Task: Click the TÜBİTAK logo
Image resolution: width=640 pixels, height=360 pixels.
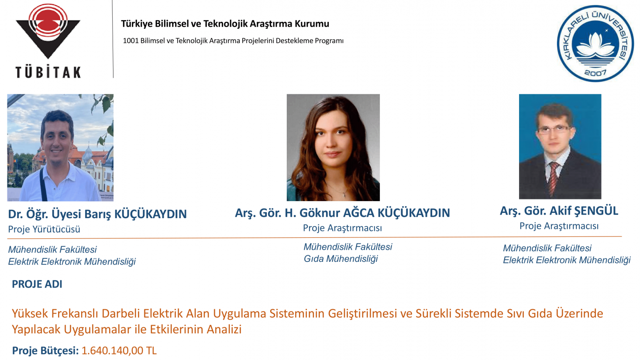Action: tap(48, 41)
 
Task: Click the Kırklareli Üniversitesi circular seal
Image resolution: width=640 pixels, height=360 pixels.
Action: tap(595, 44)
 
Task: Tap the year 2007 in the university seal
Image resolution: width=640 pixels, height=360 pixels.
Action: tap(595, 73)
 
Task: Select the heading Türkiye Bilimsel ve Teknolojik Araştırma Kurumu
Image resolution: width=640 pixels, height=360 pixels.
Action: tap(225, 24)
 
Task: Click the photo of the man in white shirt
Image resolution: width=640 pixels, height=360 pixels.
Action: tap(60, 147)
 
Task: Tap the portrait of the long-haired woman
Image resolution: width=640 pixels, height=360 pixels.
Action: tap(333, 147)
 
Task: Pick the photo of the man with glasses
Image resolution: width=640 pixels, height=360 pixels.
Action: tap(560, 147)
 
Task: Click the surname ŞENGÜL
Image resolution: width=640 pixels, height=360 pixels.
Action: tap(596, 211)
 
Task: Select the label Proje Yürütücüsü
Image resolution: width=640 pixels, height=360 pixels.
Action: tap(44, 229)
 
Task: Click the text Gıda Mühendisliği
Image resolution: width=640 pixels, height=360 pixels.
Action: tap(341, 259)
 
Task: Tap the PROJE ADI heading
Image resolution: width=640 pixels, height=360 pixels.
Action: tap(37, 284)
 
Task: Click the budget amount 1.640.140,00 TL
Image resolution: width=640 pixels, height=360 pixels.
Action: tap(119, 350)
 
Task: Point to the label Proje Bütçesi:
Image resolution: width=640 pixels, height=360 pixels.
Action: tap(45, 350)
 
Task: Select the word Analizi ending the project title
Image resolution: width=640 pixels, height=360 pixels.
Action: tap(224, 329)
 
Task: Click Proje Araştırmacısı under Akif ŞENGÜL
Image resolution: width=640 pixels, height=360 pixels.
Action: tap(559, 226)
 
